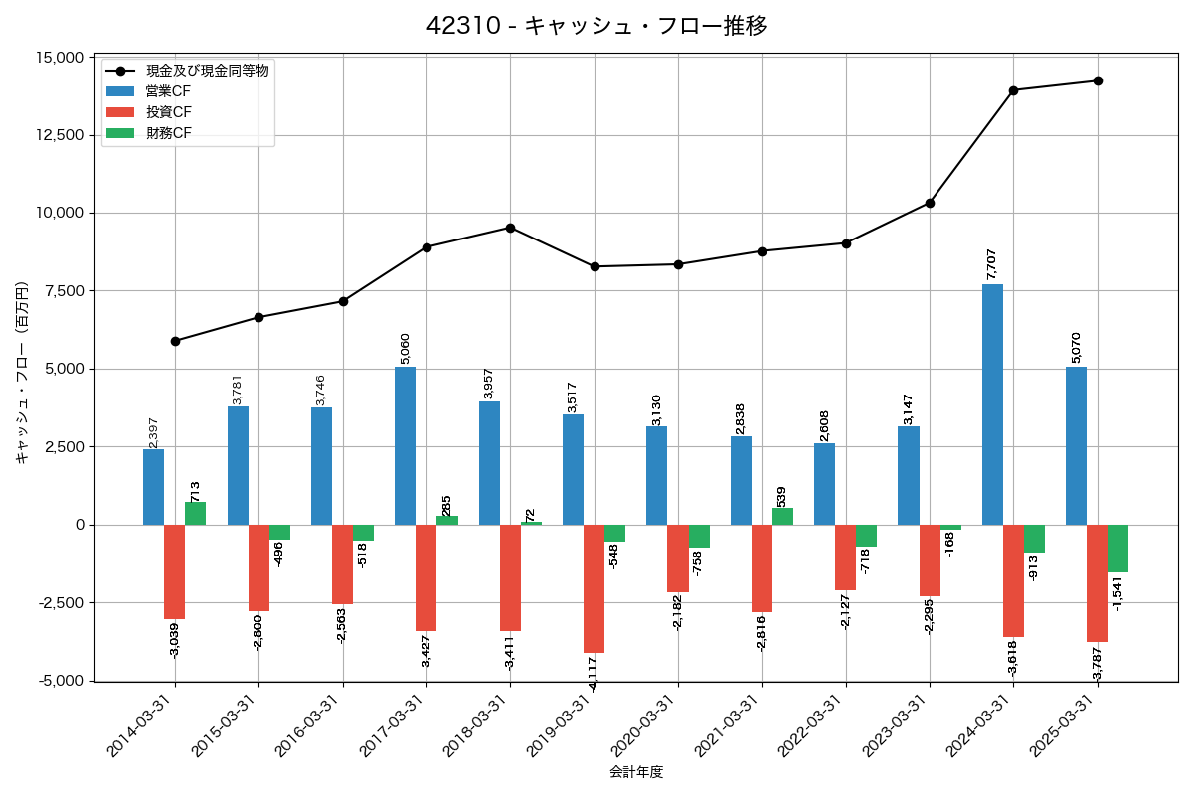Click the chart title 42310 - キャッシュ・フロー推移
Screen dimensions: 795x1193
[596, 26]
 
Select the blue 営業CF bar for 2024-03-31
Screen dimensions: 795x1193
[992, 404]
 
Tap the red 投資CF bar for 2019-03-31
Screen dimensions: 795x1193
[594, 588]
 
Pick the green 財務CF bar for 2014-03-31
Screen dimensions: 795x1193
[196, 513]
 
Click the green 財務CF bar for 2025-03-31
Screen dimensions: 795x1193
[1117, 549]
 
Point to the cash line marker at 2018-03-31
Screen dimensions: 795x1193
[510, 228]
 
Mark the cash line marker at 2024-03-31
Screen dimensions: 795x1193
[1013, 90]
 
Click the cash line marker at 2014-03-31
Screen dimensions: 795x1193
[175, 341]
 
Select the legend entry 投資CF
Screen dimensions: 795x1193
[169, 112]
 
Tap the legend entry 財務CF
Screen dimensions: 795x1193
[169, 133]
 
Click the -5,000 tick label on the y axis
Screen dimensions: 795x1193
[61, 681]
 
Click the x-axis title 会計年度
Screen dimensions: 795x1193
[636, 772]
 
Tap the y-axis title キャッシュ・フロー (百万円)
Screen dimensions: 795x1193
[22, 373]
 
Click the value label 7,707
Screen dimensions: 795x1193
[991, 263]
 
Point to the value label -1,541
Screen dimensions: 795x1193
[1117, 592]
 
